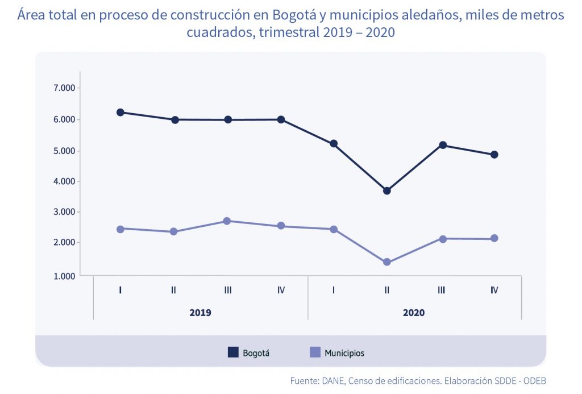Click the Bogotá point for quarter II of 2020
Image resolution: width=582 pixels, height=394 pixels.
(386, 191)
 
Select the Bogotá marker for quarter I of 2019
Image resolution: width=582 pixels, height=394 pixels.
(120, 113)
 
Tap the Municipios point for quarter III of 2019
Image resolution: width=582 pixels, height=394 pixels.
(227, 221)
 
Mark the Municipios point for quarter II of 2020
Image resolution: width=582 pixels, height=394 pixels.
(386, 262)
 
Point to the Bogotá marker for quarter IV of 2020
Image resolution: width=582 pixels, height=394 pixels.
(494, 155)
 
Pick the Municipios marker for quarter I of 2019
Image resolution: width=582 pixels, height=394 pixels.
(120, 229)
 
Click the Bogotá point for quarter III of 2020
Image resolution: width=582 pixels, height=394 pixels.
(441, 145)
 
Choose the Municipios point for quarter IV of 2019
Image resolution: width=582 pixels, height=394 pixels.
(281, 226)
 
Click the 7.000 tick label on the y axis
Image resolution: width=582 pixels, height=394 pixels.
(64, 88)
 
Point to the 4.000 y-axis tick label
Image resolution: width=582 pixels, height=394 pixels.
(64, 182)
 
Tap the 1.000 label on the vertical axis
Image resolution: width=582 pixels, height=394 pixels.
(64, 276)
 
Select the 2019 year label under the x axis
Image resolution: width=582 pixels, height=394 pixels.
(201, 313)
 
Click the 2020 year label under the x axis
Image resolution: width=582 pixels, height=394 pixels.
(414, 313)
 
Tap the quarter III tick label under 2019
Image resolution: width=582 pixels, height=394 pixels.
(227, 291)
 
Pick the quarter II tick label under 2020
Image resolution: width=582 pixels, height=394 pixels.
(386, 291)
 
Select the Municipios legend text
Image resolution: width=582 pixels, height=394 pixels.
(344, 353)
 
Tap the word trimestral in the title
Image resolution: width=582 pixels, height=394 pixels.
(290, 32)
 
